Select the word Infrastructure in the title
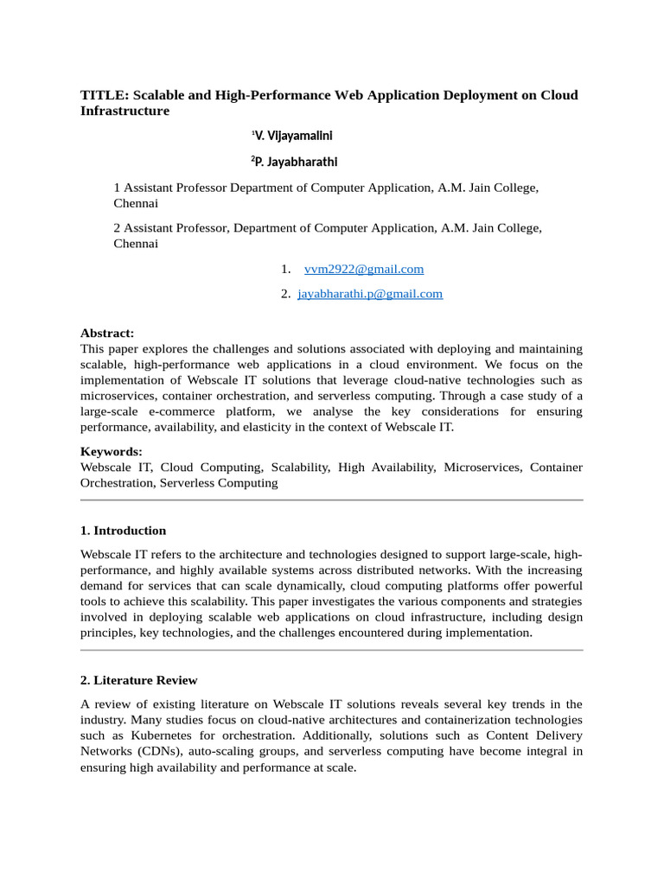coord(124,111)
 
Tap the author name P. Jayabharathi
coord(294,162)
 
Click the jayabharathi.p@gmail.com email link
coord(370,294)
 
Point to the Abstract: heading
coord(107,333)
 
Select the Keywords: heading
coord(111,451)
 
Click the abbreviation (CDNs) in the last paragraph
coord(158,751)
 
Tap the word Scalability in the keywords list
coord(300,467)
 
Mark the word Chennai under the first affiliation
coord(136,204)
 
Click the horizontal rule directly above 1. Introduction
coord(332,500)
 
